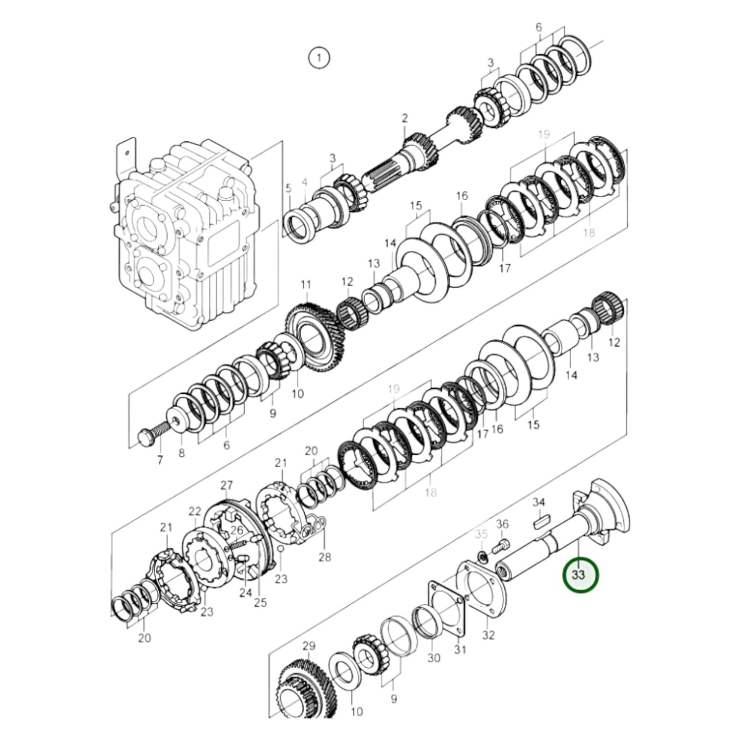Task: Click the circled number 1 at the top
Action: tap(319, 57)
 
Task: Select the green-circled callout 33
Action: tap(580, 575)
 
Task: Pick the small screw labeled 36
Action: tap(500, 546)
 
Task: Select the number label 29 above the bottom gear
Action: tap(309, 646)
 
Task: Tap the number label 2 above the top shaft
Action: tap(405, 118)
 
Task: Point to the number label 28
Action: tap(325, 557)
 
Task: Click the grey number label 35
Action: tap(481, 534)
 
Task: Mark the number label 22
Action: tap(195, 511)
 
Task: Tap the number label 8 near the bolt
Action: tap(181, 453)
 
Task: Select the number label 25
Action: tap(260, 602)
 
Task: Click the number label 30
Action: tap(433, 658)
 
